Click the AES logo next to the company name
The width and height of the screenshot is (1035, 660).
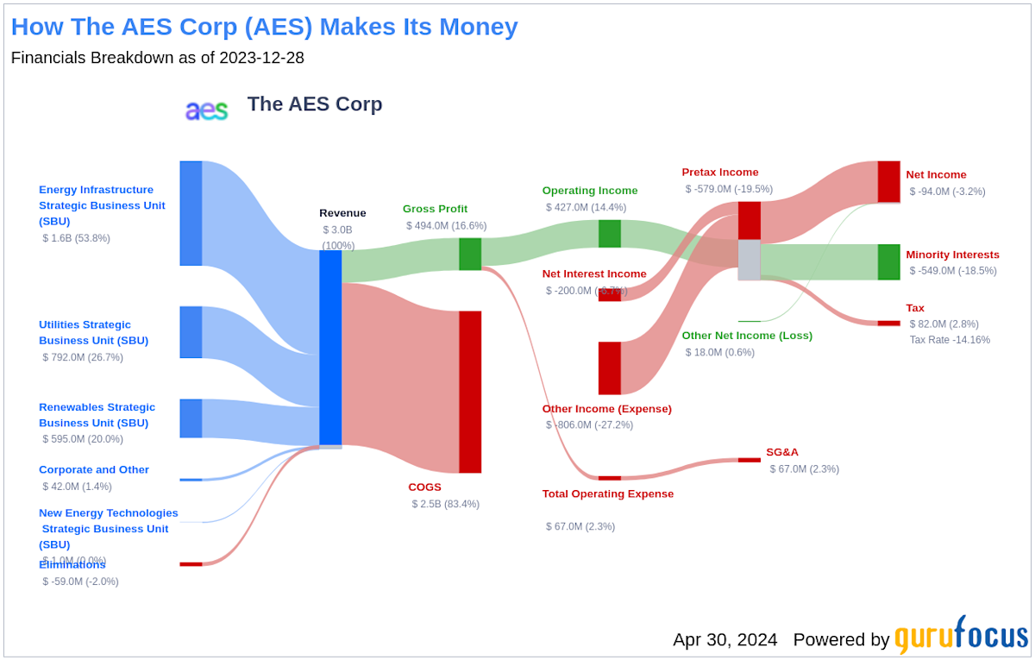coord(207,110)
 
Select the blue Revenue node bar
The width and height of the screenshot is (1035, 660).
coord(330,347)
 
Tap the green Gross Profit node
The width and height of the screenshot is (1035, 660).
coord(470,254)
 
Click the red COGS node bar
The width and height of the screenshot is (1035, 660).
coord(470,392)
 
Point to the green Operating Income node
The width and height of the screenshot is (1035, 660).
coord(610,234)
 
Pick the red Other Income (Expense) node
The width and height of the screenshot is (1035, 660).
coord(610,368)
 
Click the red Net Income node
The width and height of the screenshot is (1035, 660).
coord(888,181)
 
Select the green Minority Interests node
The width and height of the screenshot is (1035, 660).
coord(888,262)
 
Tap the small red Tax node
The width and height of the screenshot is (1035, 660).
coord(888,324)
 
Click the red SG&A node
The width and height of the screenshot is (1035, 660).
coord(749,460)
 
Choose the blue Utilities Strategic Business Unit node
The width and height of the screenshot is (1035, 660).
coord(191,332)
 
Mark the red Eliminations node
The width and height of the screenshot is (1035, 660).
coord(191,564)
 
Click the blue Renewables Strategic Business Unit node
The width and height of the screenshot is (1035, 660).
coord(191,418)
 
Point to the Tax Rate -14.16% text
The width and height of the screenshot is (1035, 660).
coord(950,340)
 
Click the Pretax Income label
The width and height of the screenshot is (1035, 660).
coord(720,173)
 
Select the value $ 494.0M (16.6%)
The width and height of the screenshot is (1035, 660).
coord(446,226)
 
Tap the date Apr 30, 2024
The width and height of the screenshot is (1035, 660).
coord(724,639)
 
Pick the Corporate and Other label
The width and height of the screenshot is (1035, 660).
coord(94,470)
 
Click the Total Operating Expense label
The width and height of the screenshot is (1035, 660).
coord(608,494)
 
